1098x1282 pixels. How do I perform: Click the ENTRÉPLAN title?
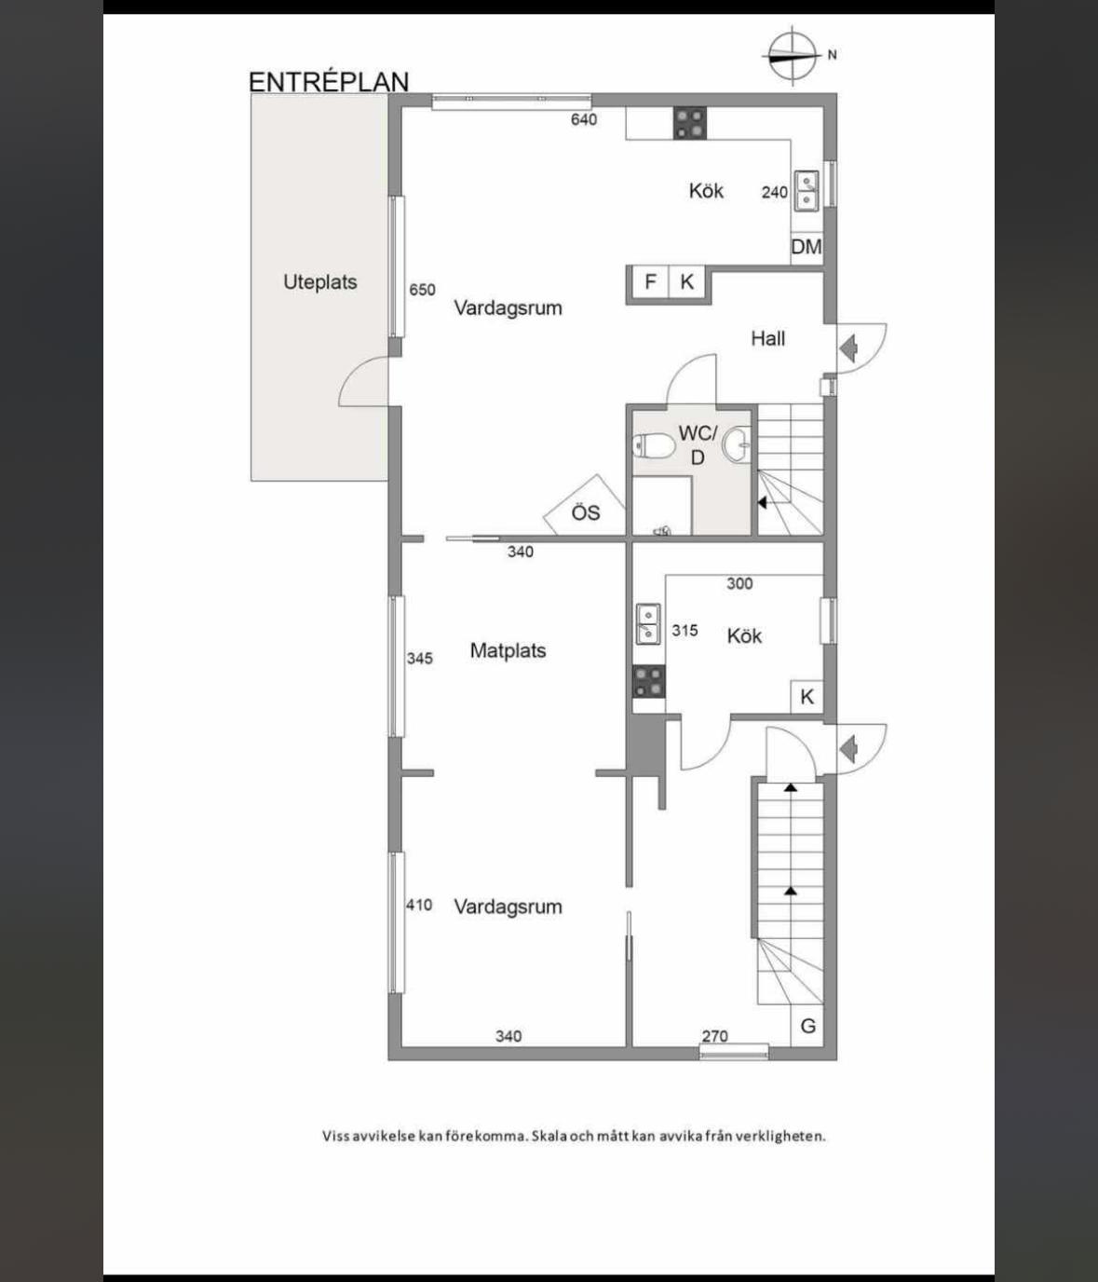tap(329, 82)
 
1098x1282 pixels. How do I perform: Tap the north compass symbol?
tap(793, 55)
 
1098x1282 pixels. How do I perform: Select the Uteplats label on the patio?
tap(320, 282)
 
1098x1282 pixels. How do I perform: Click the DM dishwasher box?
tap(807, 247)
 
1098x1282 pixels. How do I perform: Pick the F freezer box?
tap(650, 282)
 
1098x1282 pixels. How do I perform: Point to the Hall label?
tap(767, 338)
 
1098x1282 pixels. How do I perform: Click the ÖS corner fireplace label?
tap(585, 512)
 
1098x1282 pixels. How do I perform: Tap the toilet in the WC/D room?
tap(654, 446)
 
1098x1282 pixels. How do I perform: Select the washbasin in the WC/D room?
tap(736, 444)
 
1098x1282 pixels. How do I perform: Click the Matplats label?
tap(508, 650)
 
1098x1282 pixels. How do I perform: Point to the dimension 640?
tap(583, 119)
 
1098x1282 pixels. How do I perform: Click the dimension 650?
tap(422, 290)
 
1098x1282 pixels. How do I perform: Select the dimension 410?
tap(419, 905)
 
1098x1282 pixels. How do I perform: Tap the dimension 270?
tap(715, 1036)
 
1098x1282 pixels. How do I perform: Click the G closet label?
tap(807, 1027)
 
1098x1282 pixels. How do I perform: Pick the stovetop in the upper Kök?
tap(690, 123)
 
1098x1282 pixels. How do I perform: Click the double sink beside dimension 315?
tap(648, 624)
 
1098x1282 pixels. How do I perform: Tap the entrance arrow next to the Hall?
tap(848, 348)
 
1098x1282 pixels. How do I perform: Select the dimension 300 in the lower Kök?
tap(739, 583)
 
